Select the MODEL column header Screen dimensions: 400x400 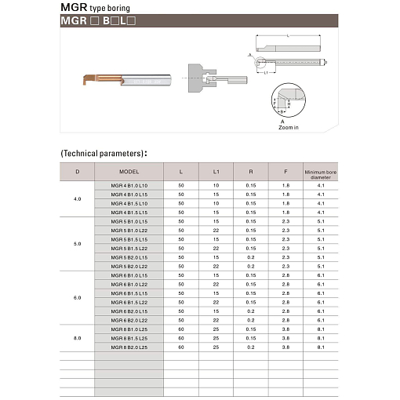click(x=129, y=172)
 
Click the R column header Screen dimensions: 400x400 click(x=250, y=172)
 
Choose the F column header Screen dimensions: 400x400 click(x=285, y=172)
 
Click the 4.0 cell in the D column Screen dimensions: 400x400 click(x=77, y=198)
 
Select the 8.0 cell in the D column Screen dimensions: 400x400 click(x=77, y=337)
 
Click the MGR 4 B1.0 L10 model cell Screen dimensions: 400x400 click(x=129, y=185)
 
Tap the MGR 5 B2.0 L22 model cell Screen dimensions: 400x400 click(x=129, y=266)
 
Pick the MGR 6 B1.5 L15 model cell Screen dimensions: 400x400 click(x=129, y=293)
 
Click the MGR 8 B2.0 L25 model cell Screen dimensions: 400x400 click(x=129, y=347)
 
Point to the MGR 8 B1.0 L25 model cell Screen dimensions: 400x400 click(x=129, y=329)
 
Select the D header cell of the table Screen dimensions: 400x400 click(x=77, y=172)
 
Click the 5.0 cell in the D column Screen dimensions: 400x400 click(x=77, y=244)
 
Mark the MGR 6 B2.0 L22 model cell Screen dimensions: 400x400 click(x=129, y=319)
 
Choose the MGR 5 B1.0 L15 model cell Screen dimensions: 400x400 click(x=129, y=221)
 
